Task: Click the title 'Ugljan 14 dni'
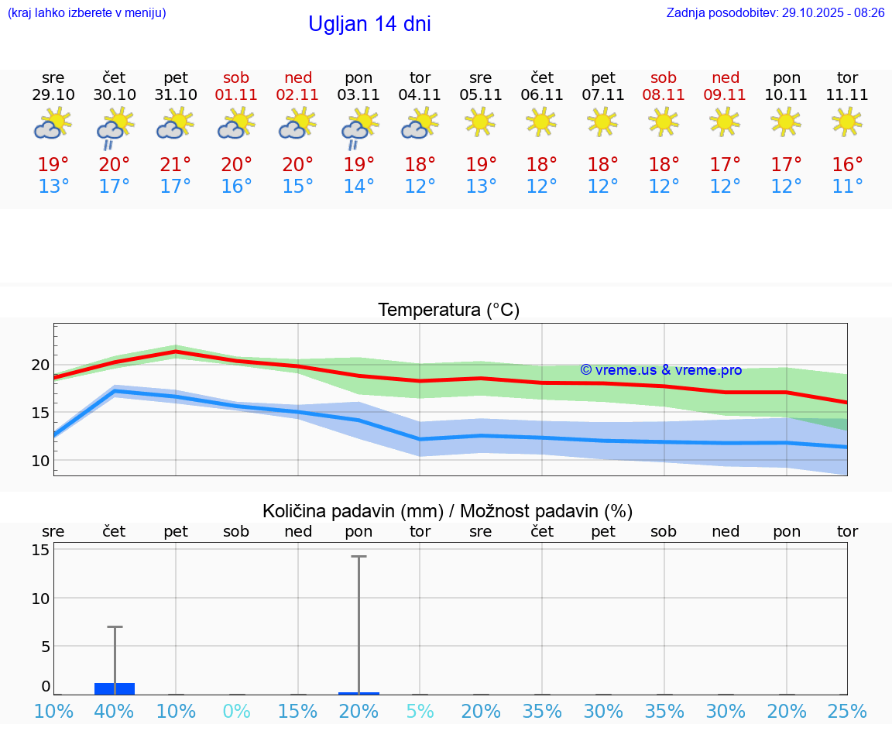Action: [x=369, y=24]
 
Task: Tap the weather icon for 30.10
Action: [x=115, y=126]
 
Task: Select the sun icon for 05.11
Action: [x=480, y=122]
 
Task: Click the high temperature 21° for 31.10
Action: [x=176, y=165]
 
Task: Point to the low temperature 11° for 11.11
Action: [x=847, y=187]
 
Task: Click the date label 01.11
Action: [x=236, y=95]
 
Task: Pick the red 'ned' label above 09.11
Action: [x=726, y=77]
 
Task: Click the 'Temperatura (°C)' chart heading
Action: [x=448, y=310]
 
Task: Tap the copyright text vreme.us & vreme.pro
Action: [x=660, y=370]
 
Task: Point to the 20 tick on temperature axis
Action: [x=40, y=365]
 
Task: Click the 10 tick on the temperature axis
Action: [x=40, y=461]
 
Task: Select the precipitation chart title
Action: [x=448, y=511]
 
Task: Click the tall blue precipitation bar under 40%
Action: [x=115, y=688]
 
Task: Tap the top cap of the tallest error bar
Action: [x=359, y=556]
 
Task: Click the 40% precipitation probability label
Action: [x=115, y=712]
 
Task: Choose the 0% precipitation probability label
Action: [x=236, y=712]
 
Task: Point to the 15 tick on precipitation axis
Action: [x=40, y=550]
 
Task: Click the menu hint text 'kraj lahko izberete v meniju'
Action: [x=87, y=13]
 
